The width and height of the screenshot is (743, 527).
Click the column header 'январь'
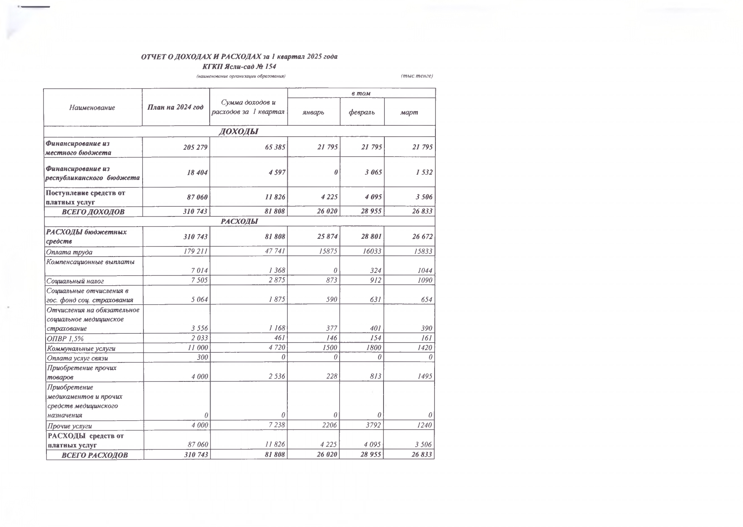[x=313, y=112]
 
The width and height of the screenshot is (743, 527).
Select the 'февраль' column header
[x=362, y=112]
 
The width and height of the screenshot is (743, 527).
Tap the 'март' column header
[x=409, y=112]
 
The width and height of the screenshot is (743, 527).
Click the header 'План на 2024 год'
[x=175, y=107]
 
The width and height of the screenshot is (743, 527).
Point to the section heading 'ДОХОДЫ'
[x=239, y=132]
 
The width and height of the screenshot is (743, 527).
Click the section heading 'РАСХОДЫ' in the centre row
[x=239, y=222]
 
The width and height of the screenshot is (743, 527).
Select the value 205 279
[x=195, y=147]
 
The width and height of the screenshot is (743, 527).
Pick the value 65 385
[x=274, y=147]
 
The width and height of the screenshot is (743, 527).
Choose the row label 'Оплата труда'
[x=70, y=252]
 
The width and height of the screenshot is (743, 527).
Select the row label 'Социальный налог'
[x=76, y=281]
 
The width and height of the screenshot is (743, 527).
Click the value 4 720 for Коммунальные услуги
[x=277, y=348]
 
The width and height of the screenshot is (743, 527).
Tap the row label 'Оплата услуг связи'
[x=78, y=358]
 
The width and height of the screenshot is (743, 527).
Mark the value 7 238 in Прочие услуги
[x=277, y=425]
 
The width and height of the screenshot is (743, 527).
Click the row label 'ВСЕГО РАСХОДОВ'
[x=95, y=455]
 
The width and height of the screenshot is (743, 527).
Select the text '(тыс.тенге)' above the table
[x=416, y=76]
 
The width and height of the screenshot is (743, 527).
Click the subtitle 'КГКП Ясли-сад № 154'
[x=239, y=67]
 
